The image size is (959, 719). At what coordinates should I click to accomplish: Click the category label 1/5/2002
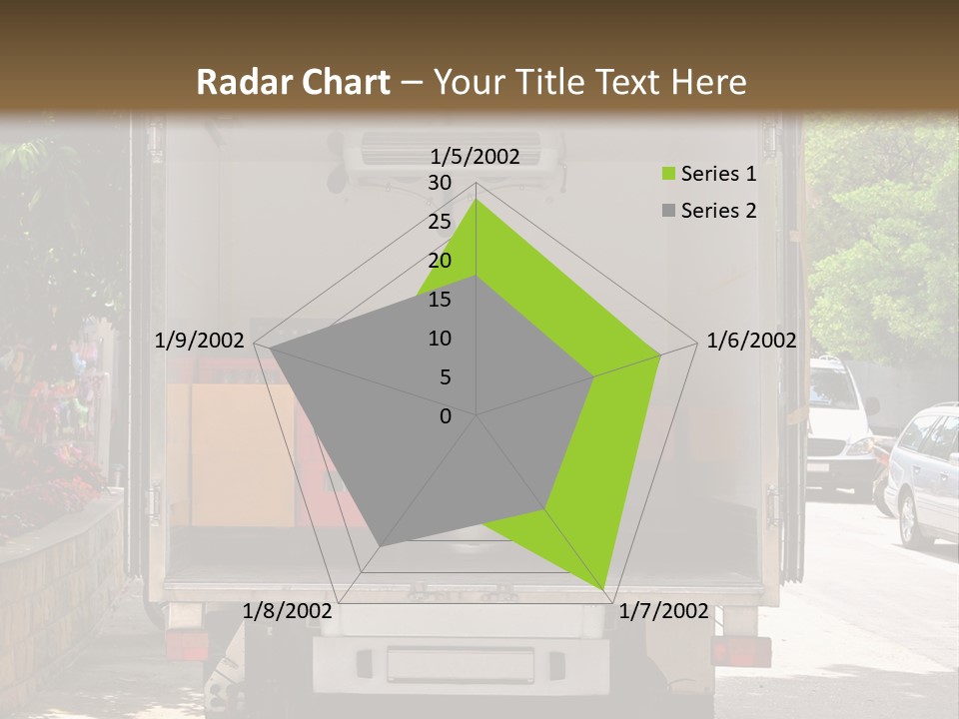[x=476, y=157]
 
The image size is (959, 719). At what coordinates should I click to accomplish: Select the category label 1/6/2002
[x=751, y=341]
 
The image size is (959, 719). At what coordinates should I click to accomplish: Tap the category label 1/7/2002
[x=663, y=611]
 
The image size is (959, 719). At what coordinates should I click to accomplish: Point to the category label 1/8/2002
[x=288, y=611]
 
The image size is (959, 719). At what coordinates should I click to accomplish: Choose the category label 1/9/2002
[x=200, y=341]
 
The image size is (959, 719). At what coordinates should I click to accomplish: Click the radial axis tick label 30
[x=440, y=183]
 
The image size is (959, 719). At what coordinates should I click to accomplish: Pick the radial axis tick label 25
[x=440, y=222]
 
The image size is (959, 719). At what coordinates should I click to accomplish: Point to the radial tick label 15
[x=440, y=300]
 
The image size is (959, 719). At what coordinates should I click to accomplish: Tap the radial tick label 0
[x=446, y=416]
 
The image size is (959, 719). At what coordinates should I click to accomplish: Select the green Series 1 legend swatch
[x=668, y=175]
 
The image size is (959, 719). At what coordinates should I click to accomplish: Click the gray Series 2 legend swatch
[x=668, y=211]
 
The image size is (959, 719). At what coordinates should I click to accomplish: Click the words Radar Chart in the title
[x=294, y=82]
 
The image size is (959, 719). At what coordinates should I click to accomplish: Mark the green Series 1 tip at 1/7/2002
[x=605, y=589]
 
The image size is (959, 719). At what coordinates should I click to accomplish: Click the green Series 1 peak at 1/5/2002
[x=477, y=200]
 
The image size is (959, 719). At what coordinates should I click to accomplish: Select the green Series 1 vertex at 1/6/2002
[x=660, y=355]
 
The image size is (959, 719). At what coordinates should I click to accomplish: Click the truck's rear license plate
[x=461, y=664]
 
